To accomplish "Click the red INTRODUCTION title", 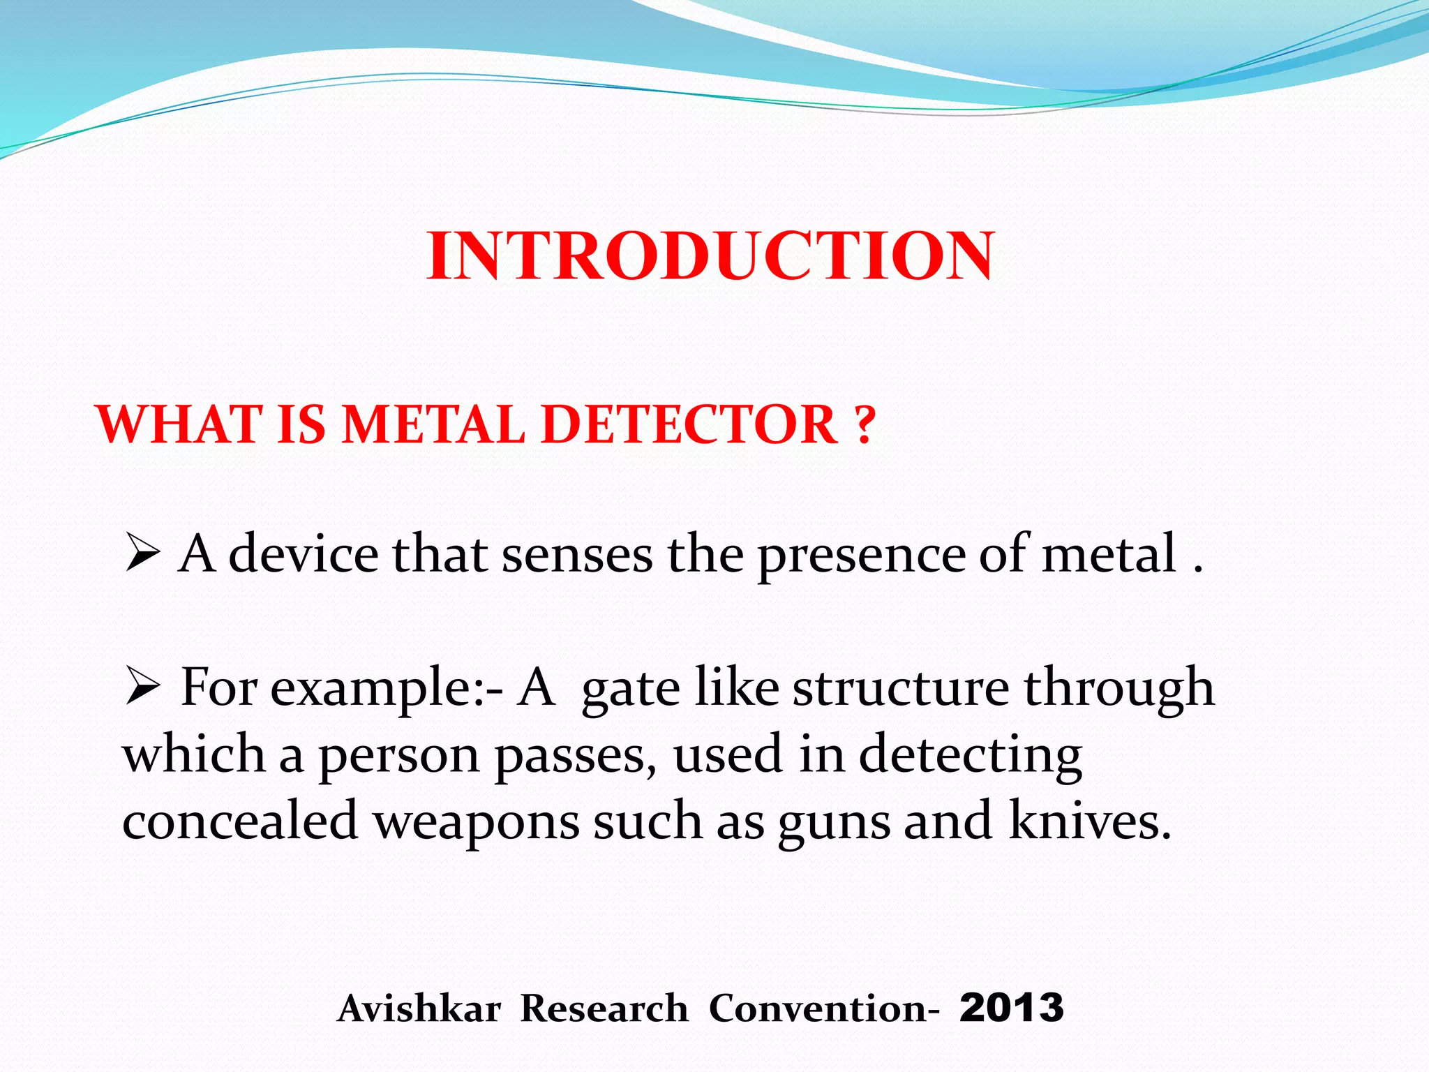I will (x=710, y=256).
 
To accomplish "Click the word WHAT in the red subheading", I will (x=177, y=424).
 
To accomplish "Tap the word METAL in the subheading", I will (x=433, y=424).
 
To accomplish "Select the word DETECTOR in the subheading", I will (x=689, y=424).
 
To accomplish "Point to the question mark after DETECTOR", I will (x=864, y=424).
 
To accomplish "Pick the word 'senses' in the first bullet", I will (x=577, y=555).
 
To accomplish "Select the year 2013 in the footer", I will (x=1011, y=1008).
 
